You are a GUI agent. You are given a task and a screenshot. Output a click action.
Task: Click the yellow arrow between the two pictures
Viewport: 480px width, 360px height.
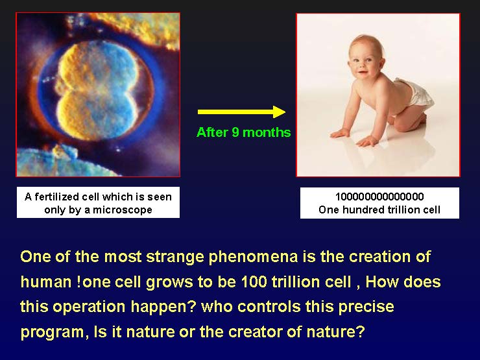(x=241, y=112)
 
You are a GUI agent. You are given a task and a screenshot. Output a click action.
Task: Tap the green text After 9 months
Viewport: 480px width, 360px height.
(x=243, y=132)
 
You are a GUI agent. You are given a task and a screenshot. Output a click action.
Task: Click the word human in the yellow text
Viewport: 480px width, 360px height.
(x=44, y=282)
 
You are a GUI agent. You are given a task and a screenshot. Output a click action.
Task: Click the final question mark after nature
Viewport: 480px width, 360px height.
(x=361, y=332)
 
